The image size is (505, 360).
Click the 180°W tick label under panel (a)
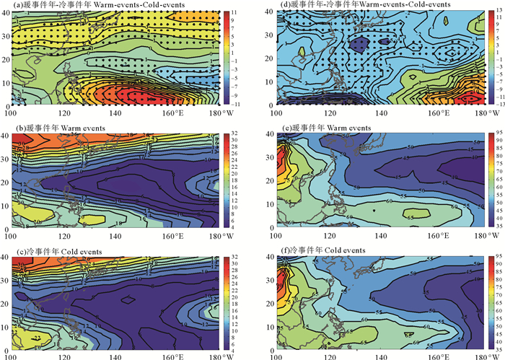pyautogui.click(x=216, y=113)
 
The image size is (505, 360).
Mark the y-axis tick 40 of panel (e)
pyautogui.click(x=272, y=135)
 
